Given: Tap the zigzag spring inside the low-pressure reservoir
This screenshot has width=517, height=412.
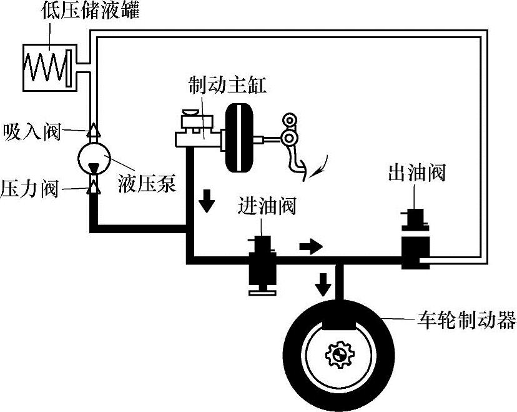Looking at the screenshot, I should tap(44, 64).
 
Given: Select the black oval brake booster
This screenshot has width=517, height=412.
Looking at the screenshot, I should tap(240, 137).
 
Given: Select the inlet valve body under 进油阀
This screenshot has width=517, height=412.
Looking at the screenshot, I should tap(262, 265).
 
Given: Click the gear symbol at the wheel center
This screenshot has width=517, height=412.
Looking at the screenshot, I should tap(338, 355).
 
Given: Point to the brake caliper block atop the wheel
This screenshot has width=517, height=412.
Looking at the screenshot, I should tap(338, 316).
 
